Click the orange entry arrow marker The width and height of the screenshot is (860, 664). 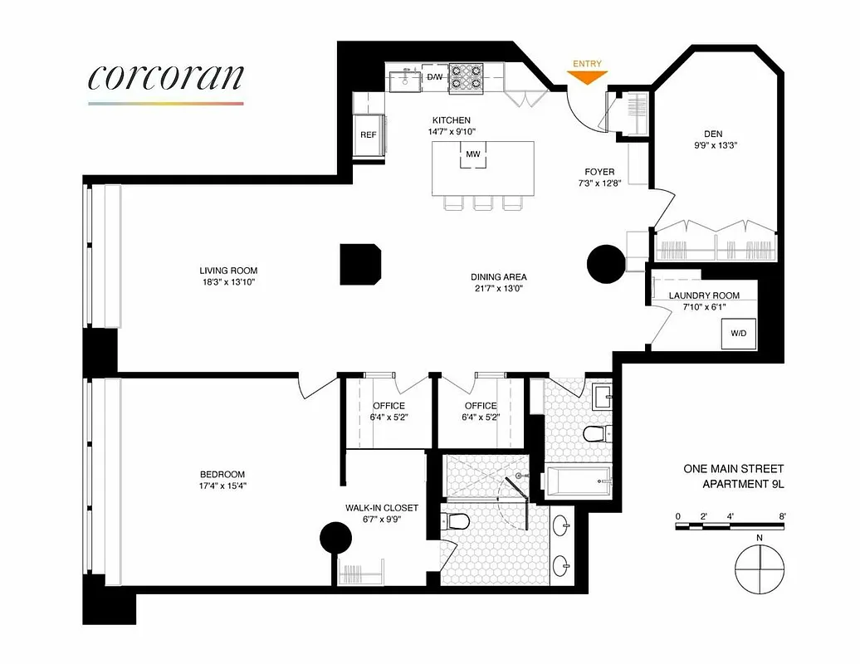(x=586, y=76)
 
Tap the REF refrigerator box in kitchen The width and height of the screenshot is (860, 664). (x=368, y=134)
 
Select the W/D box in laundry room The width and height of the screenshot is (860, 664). (x=738, y=334)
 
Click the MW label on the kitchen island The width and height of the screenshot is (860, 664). (x=472, y=154)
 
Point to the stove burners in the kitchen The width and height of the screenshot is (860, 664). (x=466, y=77)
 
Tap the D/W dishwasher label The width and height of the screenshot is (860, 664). (x=435, y=77)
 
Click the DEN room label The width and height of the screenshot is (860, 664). (x=713, y=132)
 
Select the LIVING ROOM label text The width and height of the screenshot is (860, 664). (x=228, y=271)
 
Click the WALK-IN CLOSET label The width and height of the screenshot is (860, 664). (x=382, y=507)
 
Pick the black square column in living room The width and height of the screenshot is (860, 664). (x=361, y=265)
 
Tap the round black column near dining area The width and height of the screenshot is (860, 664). (x=607, y=264)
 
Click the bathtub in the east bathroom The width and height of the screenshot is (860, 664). (x=579, y=481)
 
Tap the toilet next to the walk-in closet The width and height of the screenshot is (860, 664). (x=456, y=521)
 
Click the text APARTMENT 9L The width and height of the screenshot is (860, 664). (x=743, y=484)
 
